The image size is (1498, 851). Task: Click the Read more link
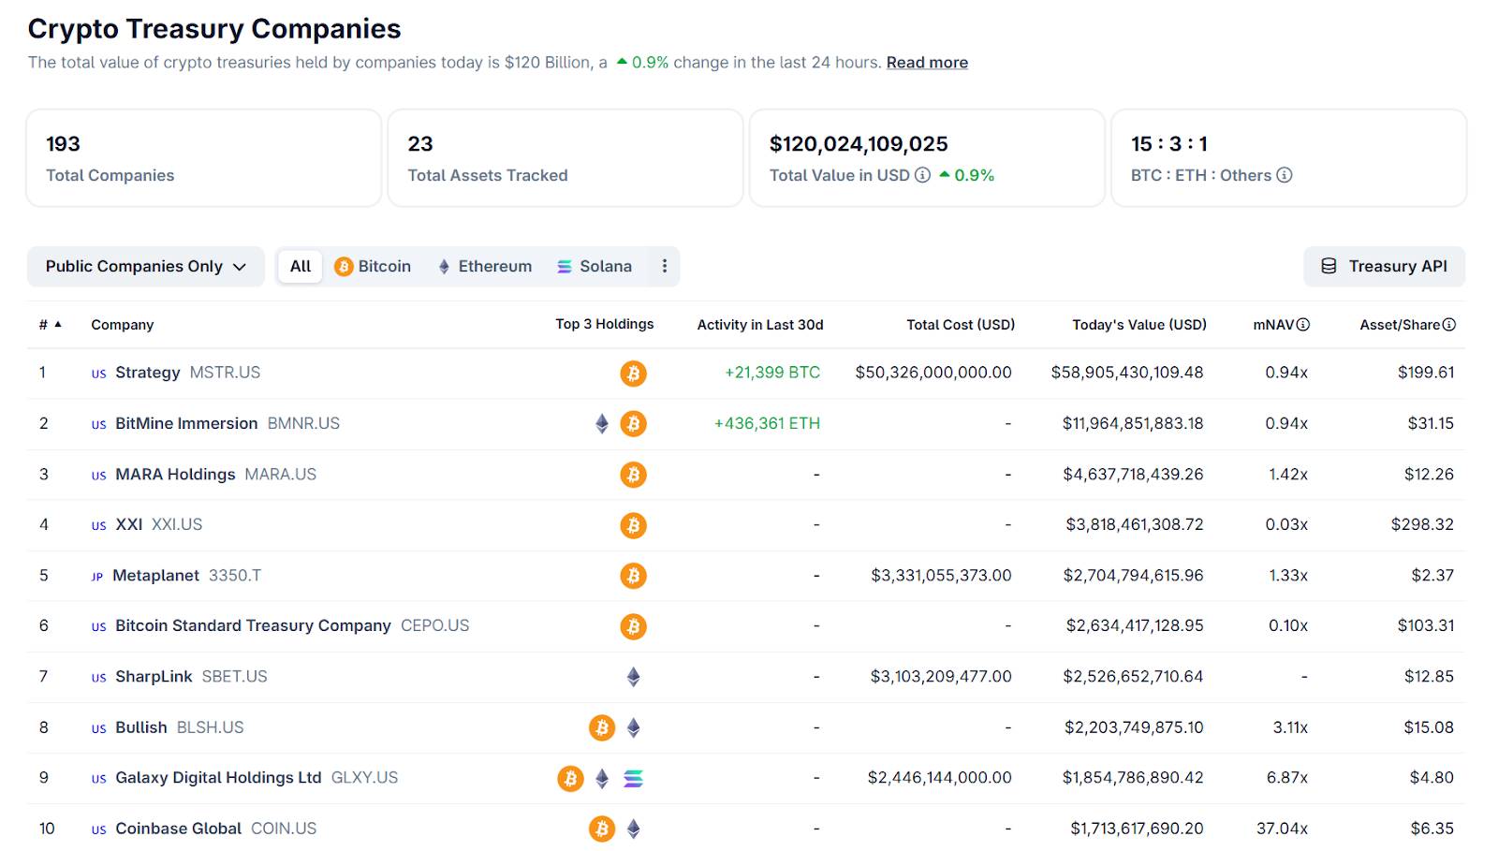927,63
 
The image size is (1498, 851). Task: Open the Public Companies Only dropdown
145,267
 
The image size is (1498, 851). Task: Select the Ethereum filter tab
485,267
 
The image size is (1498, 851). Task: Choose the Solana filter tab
595,267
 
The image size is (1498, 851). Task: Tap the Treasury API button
1384,267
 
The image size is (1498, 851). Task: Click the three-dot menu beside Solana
665,267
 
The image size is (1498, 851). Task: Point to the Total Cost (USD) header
960,325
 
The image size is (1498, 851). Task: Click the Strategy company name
147,373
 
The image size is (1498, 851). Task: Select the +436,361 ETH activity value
767,423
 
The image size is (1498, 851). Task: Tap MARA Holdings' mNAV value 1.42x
1287,475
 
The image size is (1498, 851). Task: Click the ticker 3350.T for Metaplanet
234,576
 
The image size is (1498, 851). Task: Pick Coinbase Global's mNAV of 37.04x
1282,829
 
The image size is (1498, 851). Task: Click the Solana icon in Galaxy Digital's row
634,778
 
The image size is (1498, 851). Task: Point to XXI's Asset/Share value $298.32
1421,525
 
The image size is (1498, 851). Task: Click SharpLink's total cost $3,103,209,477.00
940,677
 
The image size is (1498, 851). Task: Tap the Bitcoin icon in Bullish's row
602,727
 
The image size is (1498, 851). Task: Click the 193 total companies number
63,144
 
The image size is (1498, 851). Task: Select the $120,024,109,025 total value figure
859,144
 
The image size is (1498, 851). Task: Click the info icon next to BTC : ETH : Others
1285,175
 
